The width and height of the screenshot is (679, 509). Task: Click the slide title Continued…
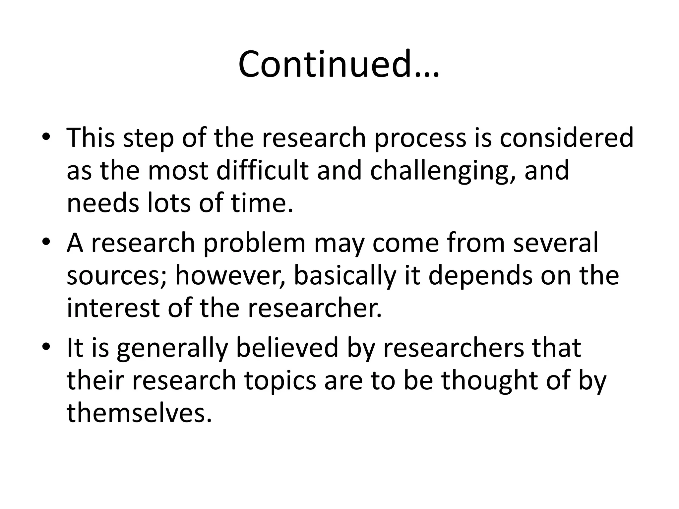point(339,64)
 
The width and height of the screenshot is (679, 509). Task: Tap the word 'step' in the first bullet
point(149,139)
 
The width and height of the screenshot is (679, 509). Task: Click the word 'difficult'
point(262,170)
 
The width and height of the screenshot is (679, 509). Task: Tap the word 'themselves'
point(139,413)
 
